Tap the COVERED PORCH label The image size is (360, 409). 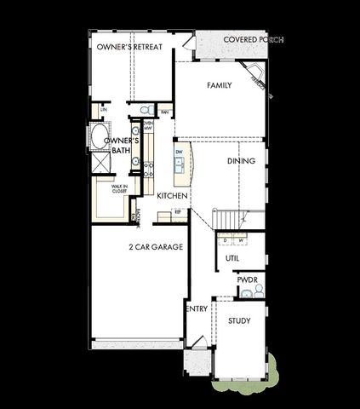[253, 40]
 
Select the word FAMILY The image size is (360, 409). [220, 86]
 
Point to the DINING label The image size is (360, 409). [241, 160]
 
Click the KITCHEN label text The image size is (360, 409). [172, 195]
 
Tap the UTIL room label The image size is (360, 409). [231, 258]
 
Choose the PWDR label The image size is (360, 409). [247, 279]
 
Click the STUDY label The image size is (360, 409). [239, 320]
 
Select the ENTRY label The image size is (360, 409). [197, 308]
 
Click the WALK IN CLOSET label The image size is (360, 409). [119, 189]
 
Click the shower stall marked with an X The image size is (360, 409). [100, 164]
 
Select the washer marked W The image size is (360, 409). [241, 240]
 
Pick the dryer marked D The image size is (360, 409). [226, 240]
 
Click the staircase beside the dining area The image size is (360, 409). [227, 219]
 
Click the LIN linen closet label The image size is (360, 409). [104, 110]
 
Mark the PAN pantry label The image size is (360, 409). [165, 112]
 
